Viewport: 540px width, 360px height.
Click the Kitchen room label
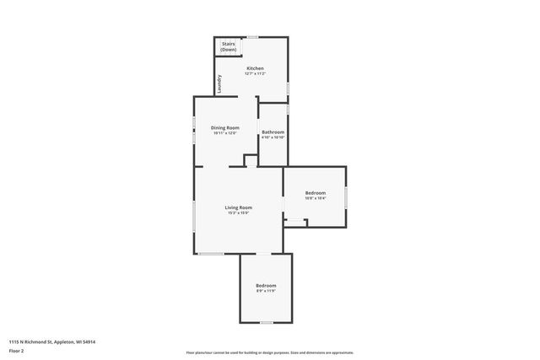[255, 68]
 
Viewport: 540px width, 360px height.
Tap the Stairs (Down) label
[229, 46]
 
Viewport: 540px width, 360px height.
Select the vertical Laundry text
[219, 85]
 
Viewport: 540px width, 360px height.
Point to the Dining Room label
[224, 127]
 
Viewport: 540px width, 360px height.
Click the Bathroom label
[273, 132]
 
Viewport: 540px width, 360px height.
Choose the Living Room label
[239, 207]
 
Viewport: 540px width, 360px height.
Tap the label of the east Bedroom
[315, 193]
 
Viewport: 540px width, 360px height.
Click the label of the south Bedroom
[266, 286]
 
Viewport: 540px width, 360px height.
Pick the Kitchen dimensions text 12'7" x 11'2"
[255, 74]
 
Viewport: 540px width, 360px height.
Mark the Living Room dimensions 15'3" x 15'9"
[239, 213]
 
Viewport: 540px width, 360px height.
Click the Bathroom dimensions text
[273, 137]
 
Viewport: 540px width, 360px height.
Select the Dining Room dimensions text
[224, 133]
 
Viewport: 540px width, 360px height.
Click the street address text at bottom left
[52, 341]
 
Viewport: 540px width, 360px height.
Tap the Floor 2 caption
[16, 350]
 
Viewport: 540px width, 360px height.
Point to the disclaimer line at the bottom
[270, 352]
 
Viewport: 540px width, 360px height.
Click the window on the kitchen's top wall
[252, 37]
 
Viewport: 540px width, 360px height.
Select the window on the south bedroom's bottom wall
[266, 322]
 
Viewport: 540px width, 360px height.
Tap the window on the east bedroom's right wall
[346, 196]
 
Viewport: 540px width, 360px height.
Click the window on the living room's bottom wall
[211, 254]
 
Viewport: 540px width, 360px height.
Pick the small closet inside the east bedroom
[295, 223]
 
